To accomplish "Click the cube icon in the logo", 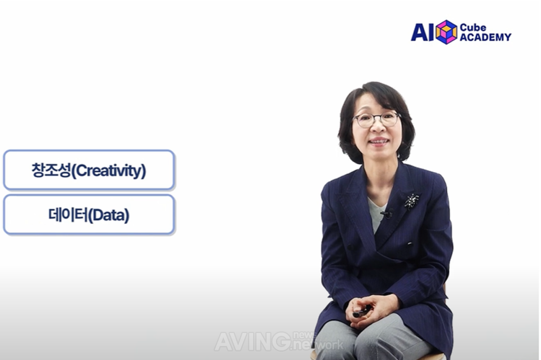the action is click(x=446, y=32).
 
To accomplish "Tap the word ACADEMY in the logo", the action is click(x=485, y=37).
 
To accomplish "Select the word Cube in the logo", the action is click(x=473, y=27).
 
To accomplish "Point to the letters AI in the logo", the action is click(x=422, y=32).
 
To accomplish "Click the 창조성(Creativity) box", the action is click(x=88, y=170).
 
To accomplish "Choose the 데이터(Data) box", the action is click(x=88, y=215).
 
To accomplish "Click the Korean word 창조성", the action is click(x=51, y=170).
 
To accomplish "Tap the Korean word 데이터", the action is click(x=68, y=215).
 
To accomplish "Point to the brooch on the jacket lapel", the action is click(x=411, y=201).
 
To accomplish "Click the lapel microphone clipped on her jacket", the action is click(x=387, y=214).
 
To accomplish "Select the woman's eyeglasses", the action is click(x=377, y=119).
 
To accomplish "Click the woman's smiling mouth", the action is click(x=379, y=141).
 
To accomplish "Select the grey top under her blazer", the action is click(x=376, y=214).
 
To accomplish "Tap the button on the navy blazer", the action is click(x=410, y=244).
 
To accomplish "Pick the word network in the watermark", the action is click(x=318, y=344).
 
